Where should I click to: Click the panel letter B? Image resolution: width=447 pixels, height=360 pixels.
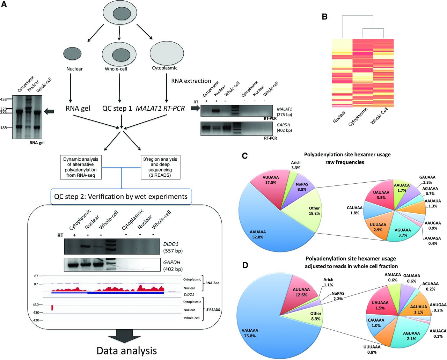coord(324,16)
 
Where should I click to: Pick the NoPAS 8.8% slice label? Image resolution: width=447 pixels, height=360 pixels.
coord(302,186)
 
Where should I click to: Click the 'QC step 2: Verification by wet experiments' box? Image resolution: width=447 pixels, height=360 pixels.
coord(121,197)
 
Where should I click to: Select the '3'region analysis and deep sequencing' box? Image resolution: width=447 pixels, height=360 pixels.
coord(160,167)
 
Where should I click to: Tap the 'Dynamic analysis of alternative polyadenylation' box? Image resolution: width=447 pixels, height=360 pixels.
coord(81,167)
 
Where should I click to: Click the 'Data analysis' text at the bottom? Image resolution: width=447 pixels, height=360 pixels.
coord(126,351)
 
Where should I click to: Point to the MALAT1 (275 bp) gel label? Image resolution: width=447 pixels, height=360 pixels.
coord(284,112)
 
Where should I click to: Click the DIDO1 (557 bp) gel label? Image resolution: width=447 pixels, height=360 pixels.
coord(173,247)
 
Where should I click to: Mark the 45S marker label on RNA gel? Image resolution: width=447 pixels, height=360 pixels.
coord(3,100)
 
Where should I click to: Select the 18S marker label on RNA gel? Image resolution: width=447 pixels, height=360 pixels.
coord(3,128)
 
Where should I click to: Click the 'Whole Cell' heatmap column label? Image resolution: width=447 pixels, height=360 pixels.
coord(379,116)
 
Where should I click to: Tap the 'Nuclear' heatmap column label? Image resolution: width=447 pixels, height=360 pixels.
coord(339,117)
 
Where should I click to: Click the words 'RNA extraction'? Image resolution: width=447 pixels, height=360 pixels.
coord(191,81)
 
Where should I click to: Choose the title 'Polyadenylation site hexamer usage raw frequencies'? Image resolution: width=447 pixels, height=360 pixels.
coord(347,158)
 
